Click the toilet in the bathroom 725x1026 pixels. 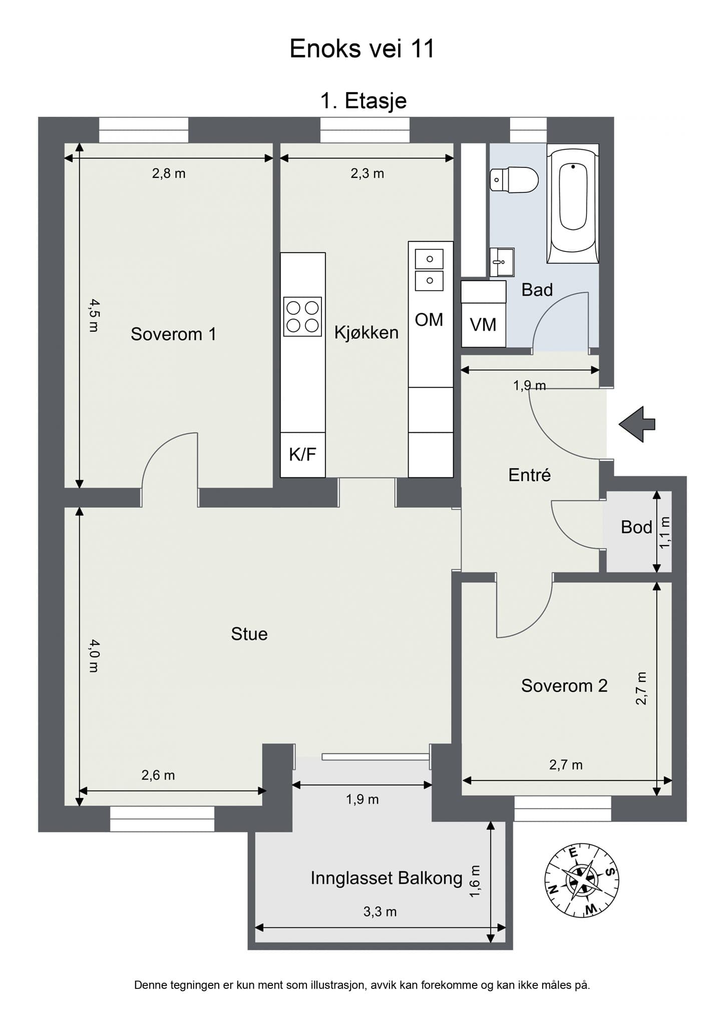click(x=515, y=179)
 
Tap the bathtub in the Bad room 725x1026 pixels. click(x=573, y=203)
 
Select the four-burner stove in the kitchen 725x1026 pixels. click(x=302, y=317)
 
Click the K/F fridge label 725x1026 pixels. click(x=302, y=454)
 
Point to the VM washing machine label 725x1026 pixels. click(x=483, y=325)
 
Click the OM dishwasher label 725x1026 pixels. click(x=429, y=320)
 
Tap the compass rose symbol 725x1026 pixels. click(x=581, y=880)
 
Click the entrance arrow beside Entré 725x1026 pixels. click(x=637, y=424)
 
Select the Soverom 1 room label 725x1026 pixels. click(x=173, y=334)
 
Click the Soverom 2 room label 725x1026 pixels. click(x=564, y=685)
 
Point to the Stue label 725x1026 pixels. click(x=249, y=634)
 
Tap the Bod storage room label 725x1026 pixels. click(x=636, y=527)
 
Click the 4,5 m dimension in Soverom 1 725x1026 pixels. click(x=94, y=315)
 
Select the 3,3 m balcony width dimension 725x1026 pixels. click(x=380, y=911)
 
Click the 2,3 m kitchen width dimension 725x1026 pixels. click(x=367, y=173)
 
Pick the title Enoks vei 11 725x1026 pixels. click(x=362, y=49)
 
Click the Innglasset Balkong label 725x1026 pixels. click(x=386, y=878)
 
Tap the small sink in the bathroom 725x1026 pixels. click(x=502, y=262)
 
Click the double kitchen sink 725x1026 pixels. click(x=429, y=270)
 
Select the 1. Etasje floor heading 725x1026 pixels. click(x=363, y=101)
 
